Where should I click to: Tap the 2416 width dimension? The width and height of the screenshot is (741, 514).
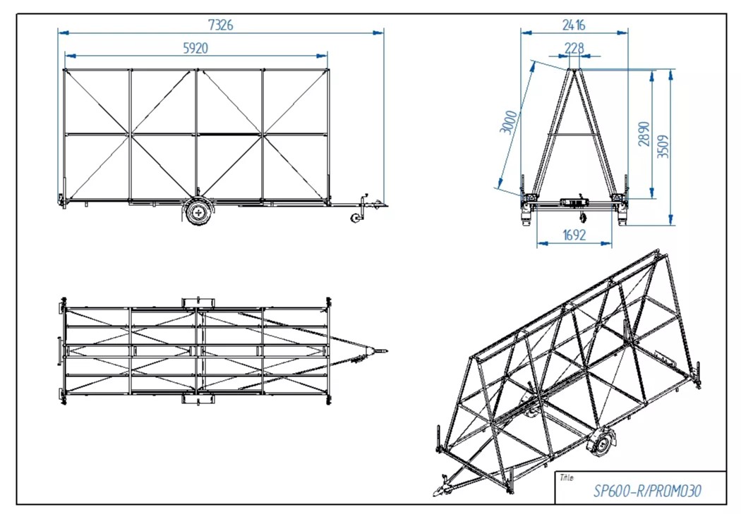coord(573,25)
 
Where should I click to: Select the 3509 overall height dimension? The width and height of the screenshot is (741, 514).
coord(663,147)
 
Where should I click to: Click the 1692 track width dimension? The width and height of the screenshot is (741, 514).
coord(574,235)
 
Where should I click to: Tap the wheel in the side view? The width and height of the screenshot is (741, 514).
coord(198,211)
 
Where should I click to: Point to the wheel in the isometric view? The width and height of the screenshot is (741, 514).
coord(600,445)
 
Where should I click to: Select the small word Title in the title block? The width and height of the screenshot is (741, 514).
coord(566,478)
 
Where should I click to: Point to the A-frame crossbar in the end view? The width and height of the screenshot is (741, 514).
coord(574,134)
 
